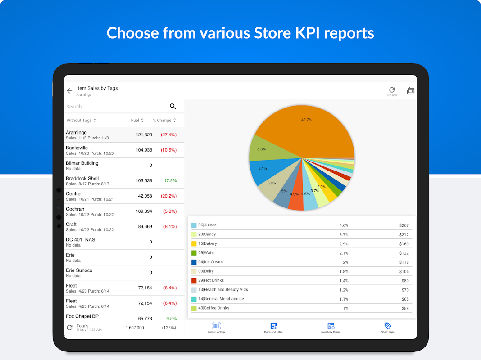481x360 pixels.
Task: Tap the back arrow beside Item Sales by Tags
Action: [69, 91]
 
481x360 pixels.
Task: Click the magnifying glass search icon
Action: [172, 106]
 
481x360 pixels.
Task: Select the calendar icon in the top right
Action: [410, 91]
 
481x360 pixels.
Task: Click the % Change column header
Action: [164, 121]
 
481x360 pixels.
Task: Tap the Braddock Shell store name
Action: [82, 178]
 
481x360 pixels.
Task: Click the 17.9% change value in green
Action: [170, 180]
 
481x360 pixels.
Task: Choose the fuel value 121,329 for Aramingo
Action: [144, 135]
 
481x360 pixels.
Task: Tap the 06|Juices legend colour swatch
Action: [194, 225]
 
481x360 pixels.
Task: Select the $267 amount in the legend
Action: [404, 225]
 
